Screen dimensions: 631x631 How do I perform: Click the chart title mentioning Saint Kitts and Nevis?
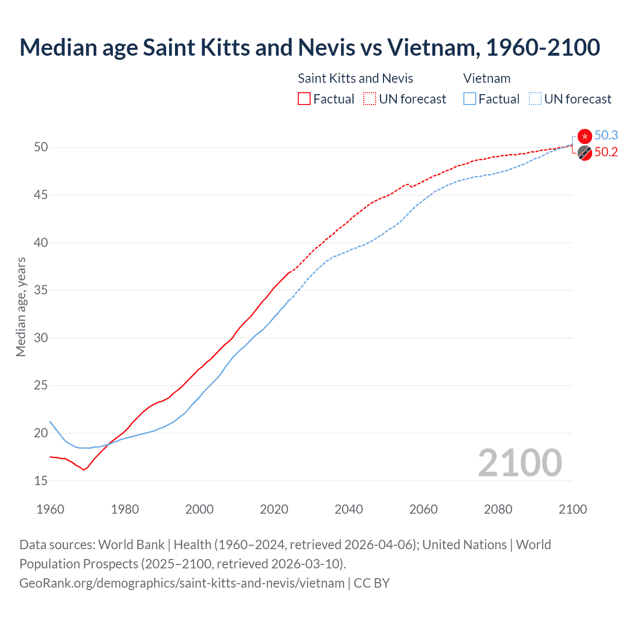coord(310,47)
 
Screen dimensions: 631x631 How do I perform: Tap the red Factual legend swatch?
coord(304,99)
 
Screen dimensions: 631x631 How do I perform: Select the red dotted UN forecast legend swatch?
coord(370,99)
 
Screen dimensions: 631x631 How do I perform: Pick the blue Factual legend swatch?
coord(470,99)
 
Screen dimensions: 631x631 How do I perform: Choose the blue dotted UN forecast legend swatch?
coord(535,99)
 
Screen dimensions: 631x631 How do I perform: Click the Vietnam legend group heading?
coord(487,78)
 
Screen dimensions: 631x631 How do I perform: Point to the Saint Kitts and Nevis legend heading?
coord(355,78)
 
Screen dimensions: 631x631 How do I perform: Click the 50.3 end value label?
coord(606,136)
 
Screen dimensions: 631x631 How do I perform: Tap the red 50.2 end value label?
coord(606,152)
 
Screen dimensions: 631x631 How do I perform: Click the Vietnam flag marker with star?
coord(585,136)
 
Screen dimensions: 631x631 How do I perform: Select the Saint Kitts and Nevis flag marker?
coord(585,153)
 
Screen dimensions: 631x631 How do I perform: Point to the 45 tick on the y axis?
coord(41,195)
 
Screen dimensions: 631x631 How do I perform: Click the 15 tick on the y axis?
coord(41,481)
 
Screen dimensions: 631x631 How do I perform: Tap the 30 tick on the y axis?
coord(41,338)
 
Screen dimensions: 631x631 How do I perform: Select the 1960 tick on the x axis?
coord(50,509)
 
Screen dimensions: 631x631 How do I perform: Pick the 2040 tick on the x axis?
coord(349,509)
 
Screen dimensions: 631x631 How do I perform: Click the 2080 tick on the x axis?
coord(498,509)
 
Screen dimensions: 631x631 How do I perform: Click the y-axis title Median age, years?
coord(21,307)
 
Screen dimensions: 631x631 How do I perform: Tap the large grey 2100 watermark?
coord(520,462)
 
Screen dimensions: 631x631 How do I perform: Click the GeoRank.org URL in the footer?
coord(182,583)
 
